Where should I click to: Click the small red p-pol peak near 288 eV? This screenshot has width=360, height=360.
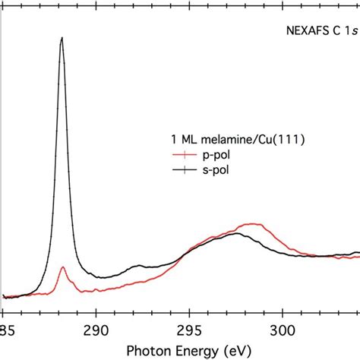[x=62, y=267]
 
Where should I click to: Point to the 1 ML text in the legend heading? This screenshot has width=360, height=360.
[x=179, y=140]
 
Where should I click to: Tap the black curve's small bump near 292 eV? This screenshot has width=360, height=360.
[x=137, y=266]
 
